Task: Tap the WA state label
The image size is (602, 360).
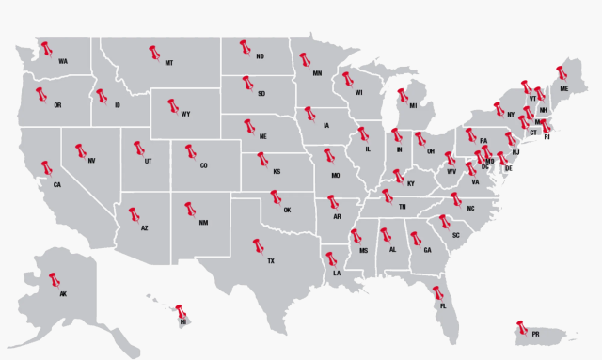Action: [63, 62]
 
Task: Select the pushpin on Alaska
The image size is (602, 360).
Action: [53, 279]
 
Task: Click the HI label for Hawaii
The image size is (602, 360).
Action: [182, 321]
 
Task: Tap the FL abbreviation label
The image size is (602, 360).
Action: [443, 305]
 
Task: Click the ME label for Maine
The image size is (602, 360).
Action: [564, 87]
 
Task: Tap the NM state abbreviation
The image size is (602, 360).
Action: [203, 223]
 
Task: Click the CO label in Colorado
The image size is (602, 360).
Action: [203, 165]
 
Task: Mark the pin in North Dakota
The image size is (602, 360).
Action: [246, 46]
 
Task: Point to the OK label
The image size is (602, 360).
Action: [288, 210]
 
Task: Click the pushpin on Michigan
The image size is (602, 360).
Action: [402, 94]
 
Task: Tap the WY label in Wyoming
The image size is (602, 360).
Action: [185, 115]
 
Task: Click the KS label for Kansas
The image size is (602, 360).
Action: [277, 172]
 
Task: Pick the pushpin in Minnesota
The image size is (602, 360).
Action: [305, 60]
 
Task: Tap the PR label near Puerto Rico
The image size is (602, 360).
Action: [535, 334]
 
